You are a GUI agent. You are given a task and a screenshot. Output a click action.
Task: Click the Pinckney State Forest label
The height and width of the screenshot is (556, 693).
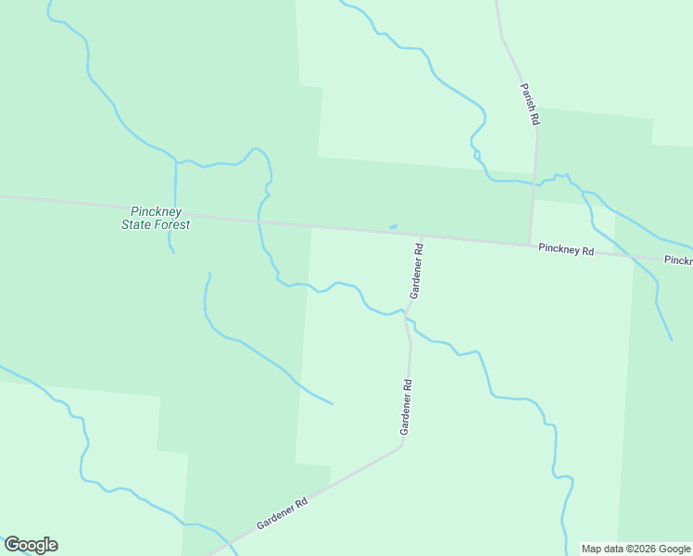coord(156,218)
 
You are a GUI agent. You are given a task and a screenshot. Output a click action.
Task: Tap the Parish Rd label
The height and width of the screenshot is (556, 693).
coord(530,103)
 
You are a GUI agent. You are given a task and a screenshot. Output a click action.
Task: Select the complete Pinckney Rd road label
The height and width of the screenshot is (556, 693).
coord(565,249)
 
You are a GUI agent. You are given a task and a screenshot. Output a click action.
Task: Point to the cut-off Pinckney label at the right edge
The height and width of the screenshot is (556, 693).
coord(678,260)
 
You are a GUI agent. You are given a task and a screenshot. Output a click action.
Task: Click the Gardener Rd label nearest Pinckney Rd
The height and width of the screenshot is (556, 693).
coord(417,271)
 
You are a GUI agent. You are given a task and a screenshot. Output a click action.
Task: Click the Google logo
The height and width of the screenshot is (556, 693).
coord(31,545)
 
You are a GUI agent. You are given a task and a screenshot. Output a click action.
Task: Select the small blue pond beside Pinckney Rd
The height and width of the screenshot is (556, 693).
coord(394,226)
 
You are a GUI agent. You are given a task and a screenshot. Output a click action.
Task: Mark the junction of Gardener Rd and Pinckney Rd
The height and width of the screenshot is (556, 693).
coord(422,237)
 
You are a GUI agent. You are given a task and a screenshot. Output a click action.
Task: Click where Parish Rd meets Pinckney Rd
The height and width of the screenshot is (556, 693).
coord(530,245)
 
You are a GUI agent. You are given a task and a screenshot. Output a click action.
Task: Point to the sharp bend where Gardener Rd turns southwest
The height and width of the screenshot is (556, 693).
coord(401,447)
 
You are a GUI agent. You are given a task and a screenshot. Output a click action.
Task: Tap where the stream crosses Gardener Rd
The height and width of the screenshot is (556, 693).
coord(405,312)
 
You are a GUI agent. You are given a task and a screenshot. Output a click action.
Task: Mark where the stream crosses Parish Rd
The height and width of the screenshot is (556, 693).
coord(535,183)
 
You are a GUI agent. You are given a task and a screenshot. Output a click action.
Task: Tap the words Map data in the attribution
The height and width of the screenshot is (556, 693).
coord(601,549)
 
